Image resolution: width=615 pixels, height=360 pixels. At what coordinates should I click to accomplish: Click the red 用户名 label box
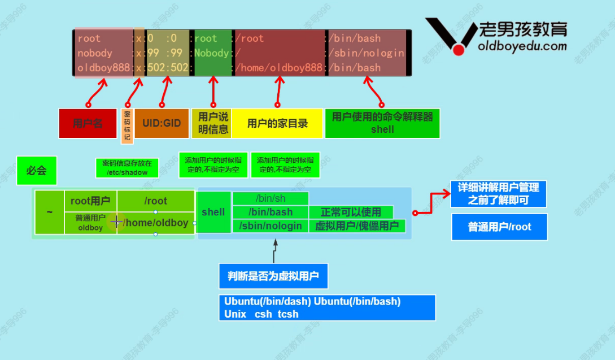[88, 123]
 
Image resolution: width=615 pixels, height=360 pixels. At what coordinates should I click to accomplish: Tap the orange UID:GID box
[162, 123]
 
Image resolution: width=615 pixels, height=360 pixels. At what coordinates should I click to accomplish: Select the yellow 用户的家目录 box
[277, 123]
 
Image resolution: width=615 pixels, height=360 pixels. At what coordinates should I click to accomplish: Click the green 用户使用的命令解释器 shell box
[382, 123]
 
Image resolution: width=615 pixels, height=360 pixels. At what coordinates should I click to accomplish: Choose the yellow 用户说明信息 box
[213, 123]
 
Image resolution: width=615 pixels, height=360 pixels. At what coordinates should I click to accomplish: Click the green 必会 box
[37, 170]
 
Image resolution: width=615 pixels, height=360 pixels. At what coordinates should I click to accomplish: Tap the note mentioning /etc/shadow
[127, 168]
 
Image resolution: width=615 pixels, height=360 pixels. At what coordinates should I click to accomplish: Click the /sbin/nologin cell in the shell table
[271, 226]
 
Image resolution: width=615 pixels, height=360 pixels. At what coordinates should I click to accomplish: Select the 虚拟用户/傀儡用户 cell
[357, 226]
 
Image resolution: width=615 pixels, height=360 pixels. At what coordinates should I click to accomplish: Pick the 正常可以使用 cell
[351, 212]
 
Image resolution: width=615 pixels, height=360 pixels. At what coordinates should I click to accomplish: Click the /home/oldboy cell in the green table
[155, 223]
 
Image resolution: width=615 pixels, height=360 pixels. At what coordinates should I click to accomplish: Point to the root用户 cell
[90, 201]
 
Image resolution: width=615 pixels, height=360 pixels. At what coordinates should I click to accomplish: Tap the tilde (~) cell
[50, 212]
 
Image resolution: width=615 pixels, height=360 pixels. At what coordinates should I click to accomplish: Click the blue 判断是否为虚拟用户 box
[273, 276]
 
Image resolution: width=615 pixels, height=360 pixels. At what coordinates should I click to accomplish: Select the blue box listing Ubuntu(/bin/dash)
[327, 307]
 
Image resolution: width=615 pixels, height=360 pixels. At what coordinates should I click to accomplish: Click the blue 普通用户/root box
[499, 227]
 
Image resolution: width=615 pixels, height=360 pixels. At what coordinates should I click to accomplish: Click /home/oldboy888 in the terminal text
[279, 68]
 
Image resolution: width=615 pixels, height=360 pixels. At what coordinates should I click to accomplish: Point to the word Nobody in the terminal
[212, 53]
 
